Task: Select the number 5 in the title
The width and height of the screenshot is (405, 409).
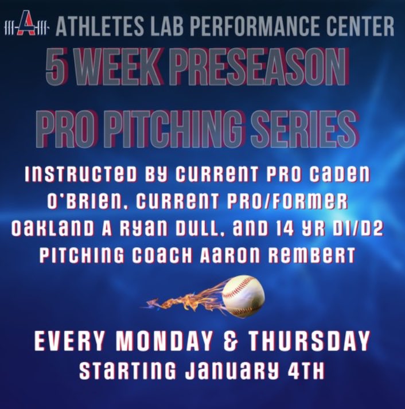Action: coord(58,68)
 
